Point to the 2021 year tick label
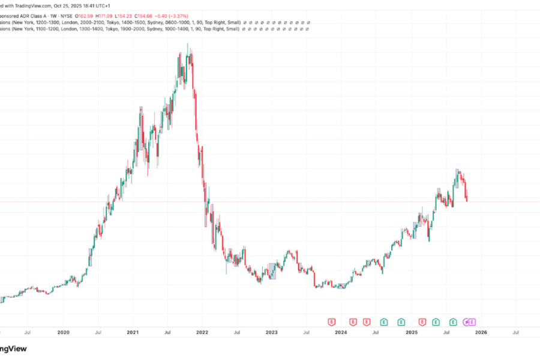click(133, 332)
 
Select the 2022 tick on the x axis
click(203, 332)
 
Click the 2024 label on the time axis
click(341, 332)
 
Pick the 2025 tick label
click(411, 332)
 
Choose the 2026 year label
click(481, 332)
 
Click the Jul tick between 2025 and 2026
click(446, 332)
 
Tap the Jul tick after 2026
click(515, 332)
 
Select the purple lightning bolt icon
click(466, 322)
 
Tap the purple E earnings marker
click(472, 322)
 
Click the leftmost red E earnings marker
click(331, 322)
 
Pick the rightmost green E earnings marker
click(454, 322)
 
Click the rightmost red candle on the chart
click(467, 196)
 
